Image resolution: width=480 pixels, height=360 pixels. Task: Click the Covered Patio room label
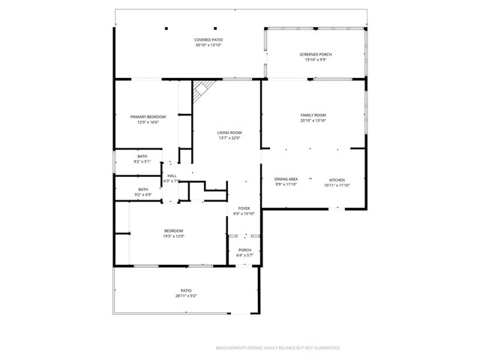click(x=208, y=40)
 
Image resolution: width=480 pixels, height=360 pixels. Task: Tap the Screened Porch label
click(x=316, y=55)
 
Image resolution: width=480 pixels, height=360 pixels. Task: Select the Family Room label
click(x=312, y=115)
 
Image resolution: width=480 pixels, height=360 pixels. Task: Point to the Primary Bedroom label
click(x=148, y=117)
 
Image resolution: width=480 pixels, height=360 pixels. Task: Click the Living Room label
click(x=229, y=132)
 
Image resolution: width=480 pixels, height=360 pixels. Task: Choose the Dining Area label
click(x=286, y=179)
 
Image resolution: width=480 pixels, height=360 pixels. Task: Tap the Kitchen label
click(x=337, y=179)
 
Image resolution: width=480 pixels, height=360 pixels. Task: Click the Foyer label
click(x=244, y=208)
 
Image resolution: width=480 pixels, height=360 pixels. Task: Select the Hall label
click(x=172, y=175)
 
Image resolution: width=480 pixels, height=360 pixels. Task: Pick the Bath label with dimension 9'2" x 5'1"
click(x=142, y=156)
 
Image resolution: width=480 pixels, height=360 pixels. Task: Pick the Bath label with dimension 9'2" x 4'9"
click(x=142, y=189)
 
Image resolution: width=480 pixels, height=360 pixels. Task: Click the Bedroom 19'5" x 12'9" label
click(x=173, y=230)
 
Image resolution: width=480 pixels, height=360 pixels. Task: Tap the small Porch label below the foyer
click(x=244, y=250)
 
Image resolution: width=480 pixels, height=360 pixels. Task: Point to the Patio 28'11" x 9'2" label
click(x=186, y=290)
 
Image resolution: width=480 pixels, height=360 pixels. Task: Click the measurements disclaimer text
click(x=278, y=348)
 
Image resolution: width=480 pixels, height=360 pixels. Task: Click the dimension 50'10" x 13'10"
click(x=208, y=45)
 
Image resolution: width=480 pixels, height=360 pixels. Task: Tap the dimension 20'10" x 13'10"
click(x=312, y=120)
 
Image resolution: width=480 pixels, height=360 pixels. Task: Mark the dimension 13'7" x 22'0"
click(x=229, y=137)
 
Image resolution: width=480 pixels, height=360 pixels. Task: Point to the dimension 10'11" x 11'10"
click(x=337, y=184)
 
